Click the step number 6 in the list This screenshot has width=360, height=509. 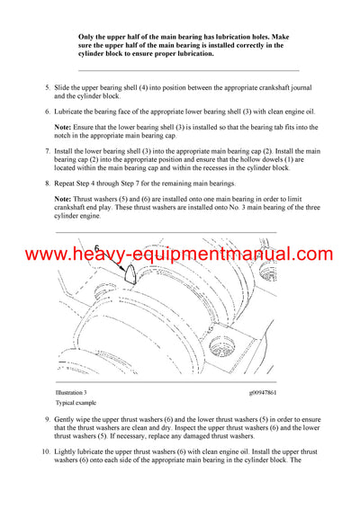pyautogui.click(x=48, y=112)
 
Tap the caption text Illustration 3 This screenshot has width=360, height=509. pyautogui.click(x=70, y=393)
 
